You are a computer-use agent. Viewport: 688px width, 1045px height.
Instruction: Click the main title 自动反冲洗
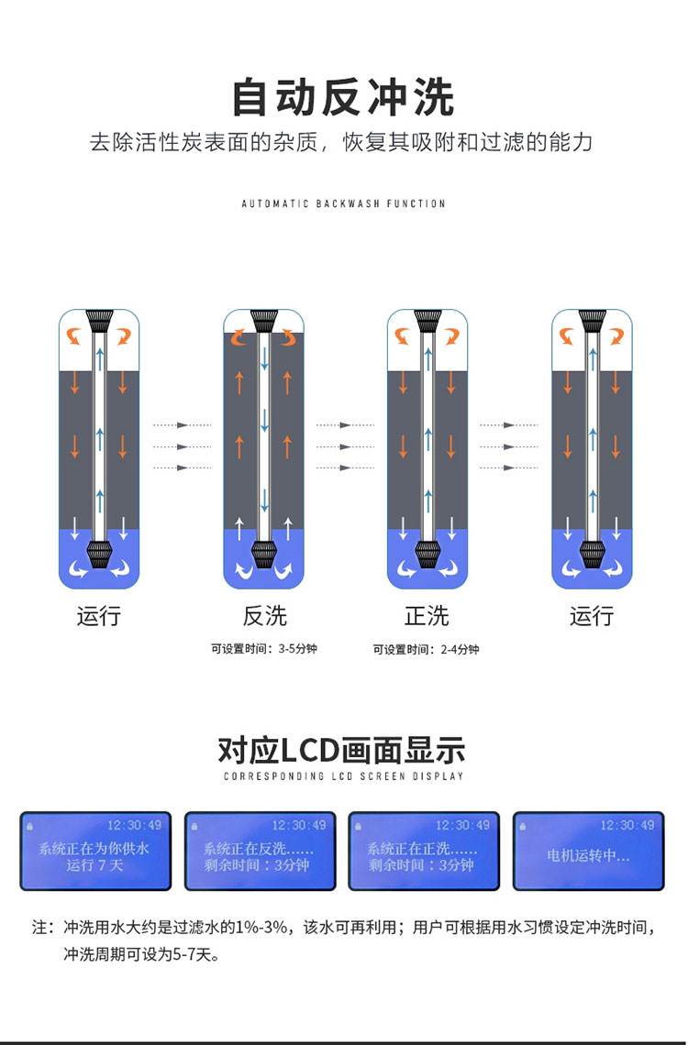pyautogui.click(x=343, y=98)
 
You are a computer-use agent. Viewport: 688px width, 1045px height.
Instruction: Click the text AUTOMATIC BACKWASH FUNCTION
pyautogui.click(x=343, y=203)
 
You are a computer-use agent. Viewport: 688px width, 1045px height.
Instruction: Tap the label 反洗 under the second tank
pyautogui.click(x=264, y=615)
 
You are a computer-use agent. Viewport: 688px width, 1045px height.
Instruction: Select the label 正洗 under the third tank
pyautogui.click(x=427, y=615)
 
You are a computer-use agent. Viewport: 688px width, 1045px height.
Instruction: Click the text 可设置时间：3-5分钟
pyautogui.click(x=264, y=649)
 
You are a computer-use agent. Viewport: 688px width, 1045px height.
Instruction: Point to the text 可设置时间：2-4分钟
pyautogui.click(x=426, y=649)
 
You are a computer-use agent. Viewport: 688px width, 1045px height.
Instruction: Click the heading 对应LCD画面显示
pyautogui.click(x=342, y=750)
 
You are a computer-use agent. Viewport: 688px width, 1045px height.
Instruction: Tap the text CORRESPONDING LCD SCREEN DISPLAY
pyautogui.click(x=343, y=776)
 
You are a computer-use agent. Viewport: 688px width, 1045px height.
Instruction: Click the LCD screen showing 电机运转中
pyautogui.click(x=588, y=851)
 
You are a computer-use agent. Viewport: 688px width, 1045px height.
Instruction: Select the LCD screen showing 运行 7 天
pyautogui.click(x=95, y=851)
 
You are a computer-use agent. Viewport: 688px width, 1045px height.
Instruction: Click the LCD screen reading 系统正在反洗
pyautogui.click(x=260, y=851)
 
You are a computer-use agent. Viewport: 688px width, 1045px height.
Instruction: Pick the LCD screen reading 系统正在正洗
pyautogui.click(x=424, y=851)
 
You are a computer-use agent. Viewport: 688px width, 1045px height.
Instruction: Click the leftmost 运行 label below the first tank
pyautogui.click(x=98, y=615)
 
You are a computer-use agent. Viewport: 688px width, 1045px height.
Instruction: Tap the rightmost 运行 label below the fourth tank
pyautogui.click(x=591, y=615)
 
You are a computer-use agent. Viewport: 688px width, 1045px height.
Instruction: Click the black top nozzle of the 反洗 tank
pyautogui.click(x=264, y=320)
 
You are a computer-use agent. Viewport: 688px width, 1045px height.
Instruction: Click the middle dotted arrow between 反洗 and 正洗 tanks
pyautogui.click(x=345, y=446)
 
